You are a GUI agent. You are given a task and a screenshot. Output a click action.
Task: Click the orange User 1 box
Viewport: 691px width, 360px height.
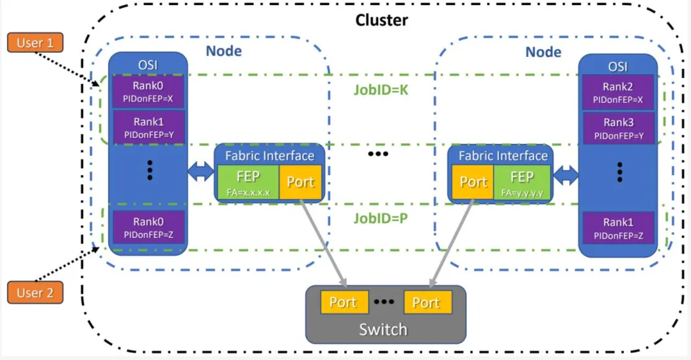coord(35,43)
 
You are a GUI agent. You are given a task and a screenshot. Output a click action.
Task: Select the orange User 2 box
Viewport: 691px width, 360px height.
coord(35,293)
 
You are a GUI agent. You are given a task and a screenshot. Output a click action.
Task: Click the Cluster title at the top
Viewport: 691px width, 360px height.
coord(381,20)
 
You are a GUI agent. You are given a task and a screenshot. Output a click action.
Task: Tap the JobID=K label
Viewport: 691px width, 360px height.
coord(381,90)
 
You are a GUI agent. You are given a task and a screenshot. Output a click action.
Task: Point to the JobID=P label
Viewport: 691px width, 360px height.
coord(381,218)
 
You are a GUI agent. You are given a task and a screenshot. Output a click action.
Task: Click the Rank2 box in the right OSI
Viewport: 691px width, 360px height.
coord(617,92)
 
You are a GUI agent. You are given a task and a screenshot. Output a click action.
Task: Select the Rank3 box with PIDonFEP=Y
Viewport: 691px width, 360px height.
coord(617,128)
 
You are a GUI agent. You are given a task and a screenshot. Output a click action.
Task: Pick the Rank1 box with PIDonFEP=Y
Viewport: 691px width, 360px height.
coord(148,127)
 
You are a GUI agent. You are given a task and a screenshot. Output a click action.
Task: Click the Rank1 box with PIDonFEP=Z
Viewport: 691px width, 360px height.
coord(617,228)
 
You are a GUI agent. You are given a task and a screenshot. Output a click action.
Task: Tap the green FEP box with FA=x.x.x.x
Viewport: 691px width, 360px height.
coord(248,182)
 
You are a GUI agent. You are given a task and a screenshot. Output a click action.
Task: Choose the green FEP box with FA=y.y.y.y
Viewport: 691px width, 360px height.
coord(521,182)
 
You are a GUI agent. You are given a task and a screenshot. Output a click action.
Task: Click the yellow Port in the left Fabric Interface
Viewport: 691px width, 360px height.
coord(300,182)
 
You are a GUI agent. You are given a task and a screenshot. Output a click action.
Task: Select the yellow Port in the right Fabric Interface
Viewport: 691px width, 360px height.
coord(473,182)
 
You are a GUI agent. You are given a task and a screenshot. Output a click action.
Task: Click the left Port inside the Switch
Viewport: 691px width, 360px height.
coord(343,302)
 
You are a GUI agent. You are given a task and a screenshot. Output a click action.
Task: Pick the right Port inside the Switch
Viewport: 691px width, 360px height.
coord(426,302)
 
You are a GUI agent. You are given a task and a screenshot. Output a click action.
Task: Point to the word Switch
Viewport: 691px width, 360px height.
coord(383,329)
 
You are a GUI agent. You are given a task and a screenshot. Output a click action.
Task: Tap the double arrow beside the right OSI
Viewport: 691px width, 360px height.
coord(566,175)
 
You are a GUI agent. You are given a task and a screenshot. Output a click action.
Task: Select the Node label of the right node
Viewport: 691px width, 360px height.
coord(543,51)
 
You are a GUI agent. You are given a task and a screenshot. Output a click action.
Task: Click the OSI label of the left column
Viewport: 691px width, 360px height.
coord(148,66)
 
